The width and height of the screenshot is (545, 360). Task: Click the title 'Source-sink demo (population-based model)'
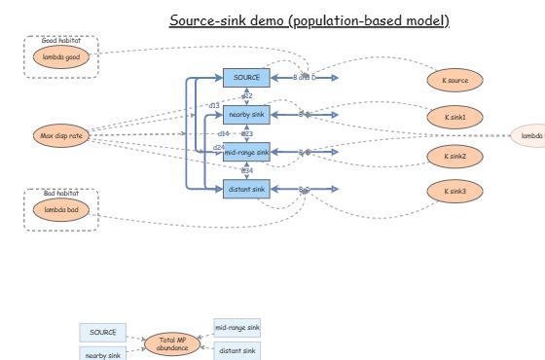(309, 20)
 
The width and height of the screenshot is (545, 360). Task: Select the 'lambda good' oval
(60, 57)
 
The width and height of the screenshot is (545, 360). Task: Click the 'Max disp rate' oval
(60, 136)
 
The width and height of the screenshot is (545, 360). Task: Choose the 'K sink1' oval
(454, 117)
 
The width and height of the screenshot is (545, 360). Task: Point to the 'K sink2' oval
(454, 156)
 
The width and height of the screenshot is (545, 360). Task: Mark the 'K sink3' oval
(454, 192)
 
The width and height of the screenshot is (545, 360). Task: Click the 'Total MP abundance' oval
(171, 342)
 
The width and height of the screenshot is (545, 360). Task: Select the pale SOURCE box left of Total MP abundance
(103, 333)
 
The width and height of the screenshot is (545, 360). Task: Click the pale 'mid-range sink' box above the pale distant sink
(237, 329)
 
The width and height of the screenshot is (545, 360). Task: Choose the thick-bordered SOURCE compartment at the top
(246, 77)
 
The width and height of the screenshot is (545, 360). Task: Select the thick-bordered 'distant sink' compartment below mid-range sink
(246, 189)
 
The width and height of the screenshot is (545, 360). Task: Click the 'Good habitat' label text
(60, 41)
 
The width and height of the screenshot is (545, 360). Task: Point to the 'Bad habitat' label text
(60, 195)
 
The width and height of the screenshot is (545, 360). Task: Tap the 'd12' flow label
(247, 96)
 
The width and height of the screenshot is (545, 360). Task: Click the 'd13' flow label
(214, 105)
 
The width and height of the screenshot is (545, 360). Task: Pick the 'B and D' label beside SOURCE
(305, 77)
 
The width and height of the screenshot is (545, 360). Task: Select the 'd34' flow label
(247, 170)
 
